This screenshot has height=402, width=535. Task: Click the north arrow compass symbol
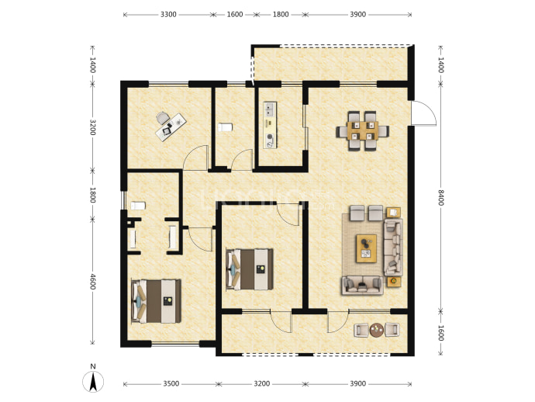[93, 382]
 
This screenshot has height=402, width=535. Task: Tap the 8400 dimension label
[440, 197]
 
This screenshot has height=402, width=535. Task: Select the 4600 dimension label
[92, 281]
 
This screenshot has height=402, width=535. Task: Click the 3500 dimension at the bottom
[171, 384]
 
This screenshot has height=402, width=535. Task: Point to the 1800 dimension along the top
[281, 14]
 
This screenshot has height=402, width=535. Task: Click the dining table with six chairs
[362, 131]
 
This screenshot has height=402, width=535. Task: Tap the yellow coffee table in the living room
[366, 248]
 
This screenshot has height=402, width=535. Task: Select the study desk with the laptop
[171, 126]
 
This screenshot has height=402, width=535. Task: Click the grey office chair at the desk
[162, 118]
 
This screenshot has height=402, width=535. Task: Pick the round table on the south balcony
[377, 330]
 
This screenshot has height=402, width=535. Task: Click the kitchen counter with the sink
[270, 125]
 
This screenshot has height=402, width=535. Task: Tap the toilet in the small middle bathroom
[225, 127]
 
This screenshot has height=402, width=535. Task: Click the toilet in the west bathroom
[138, 206]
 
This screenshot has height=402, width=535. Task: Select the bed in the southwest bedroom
[156, 301]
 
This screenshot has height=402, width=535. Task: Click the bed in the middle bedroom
[250, 269]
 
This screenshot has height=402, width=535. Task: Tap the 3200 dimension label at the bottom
[262, 384]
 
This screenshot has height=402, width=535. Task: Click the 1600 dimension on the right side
[440, 333]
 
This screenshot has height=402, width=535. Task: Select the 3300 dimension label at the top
[168, 14]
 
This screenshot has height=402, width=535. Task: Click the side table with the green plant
[394, 281]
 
